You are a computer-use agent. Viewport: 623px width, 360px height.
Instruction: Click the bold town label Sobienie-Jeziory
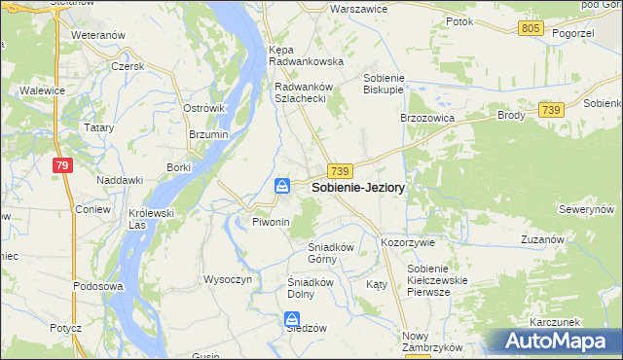coord(358,188)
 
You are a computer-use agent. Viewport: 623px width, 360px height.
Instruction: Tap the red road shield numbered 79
coord(62,166)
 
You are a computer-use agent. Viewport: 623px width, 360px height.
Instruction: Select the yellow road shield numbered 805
coord(531,29)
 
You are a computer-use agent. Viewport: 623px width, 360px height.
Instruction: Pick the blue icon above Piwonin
coord(281,186)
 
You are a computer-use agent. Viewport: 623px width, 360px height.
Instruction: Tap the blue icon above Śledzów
coord(291,319)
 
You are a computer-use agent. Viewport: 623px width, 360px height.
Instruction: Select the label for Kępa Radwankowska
coord(307,54)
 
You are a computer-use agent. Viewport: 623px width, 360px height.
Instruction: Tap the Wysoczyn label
coord(228,279)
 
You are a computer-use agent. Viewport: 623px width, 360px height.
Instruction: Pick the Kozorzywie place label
coord(408,241)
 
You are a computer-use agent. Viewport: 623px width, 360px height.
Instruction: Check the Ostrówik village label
coord(204,108)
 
